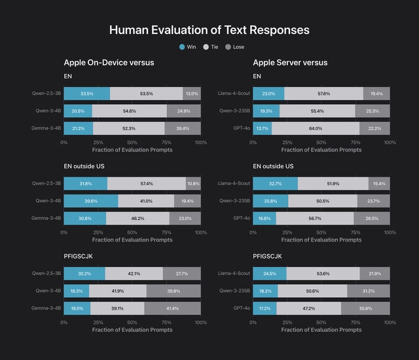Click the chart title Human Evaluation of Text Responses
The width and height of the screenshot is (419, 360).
pos(209,30)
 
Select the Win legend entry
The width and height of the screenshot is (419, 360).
pos(187,47)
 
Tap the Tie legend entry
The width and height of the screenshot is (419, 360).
pos(211,47)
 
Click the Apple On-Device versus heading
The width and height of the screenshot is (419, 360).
pos(109,63)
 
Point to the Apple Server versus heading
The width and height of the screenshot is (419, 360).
pos(290,63)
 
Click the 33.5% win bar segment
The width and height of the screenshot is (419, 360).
pos(87,94)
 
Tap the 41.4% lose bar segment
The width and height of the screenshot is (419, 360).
pos(172,308)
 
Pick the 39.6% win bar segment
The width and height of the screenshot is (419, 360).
pos(91,202)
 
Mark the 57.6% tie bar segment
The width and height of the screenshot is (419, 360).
pos(323,94)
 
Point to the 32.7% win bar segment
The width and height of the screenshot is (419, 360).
pos(275,184)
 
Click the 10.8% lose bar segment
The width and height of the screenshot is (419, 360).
pos(193,184)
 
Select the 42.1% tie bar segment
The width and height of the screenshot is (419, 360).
pos(134,273)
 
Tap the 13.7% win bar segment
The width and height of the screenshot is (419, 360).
pos(262,128)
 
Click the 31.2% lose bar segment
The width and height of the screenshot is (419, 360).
pos(369,291)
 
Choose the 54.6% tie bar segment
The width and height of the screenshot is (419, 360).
pos(130,111)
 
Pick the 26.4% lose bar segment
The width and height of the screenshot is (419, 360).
pos(183,128)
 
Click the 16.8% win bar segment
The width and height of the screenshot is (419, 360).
pos(264,219)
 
